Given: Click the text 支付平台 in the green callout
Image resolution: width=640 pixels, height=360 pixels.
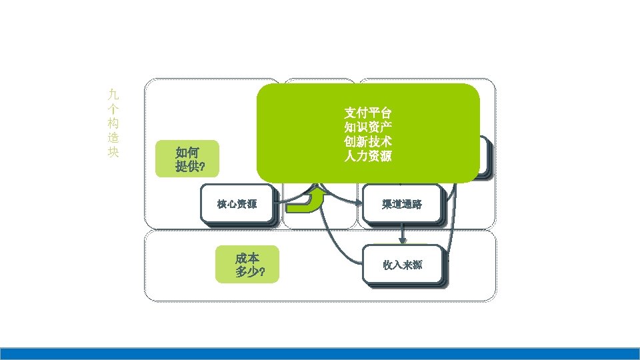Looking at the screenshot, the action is pos(368,111).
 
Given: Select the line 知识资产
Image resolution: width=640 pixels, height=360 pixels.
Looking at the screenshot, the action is pos(368,127).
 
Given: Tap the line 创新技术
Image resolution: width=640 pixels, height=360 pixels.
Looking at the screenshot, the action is pos(368,142).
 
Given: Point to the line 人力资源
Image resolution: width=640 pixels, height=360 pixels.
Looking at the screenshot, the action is pos(368,157).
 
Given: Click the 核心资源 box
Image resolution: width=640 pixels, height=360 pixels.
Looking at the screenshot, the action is pos(237,204).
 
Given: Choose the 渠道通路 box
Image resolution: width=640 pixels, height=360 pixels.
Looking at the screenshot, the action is pos(402,204).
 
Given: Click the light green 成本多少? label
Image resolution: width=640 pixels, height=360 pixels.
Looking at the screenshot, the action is pos(247,265).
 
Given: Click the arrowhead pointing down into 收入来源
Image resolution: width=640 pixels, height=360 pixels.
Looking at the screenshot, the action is pos(403,240).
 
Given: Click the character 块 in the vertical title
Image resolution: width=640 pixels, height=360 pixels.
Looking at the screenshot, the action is pos(113,152).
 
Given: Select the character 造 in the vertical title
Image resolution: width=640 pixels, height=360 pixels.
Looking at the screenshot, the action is pos(113,137).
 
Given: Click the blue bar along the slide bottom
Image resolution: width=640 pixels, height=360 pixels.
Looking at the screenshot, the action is pos(320,353).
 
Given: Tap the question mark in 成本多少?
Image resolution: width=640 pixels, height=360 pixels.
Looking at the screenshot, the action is pos(263,272).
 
